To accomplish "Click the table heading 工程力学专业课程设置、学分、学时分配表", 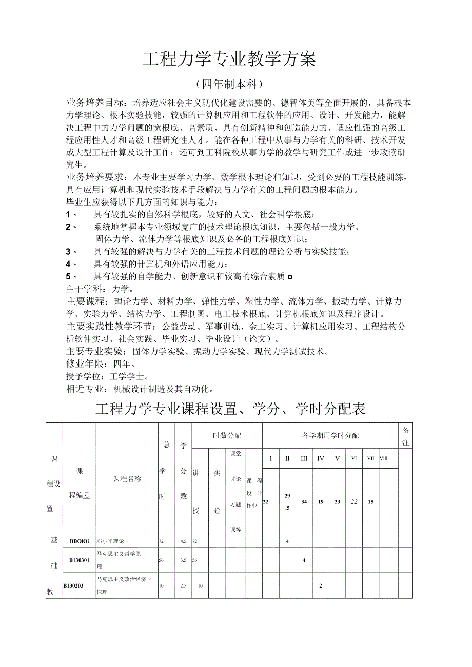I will (x=230, y=409).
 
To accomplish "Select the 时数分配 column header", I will (x=227, y=436).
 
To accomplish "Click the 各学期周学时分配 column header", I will (x=330, y=436).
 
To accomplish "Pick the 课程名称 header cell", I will (x=127, y=479).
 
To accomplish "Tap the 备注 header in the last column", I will (x=405, y=436).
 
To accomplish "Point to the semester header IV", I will (x=321, y=458).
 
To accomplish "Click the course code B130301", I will (x=80, y=560).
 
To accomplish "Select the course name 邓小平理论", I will (x=111, y=541).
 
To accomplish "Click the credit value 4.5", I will (x=183, y=541).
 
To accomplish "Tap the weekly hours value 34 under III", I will (x=304, y=502).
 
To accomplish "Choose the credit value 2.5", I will (x=183, y=585).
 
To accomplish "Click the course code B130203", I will (x=78, y=585).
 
